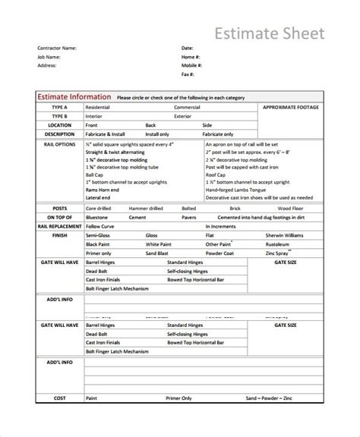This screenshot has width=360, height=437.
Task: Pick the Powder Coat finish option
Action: click(x=220, y=253)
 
